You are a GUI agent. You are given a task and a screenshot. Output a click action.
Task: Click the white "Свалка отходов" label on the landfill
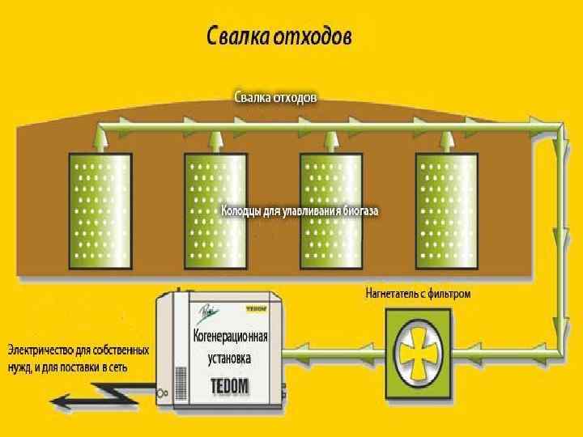[x=275, y=97]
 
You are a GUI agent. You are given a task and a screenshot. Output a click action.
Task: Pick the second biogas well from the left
[x=215, y=210]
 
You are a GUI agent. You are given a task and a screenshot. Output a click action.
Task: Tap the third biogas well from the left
[x=330, y=210]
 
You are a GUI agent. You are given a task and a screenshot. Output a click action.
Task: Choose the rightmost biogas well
[x=445, y=210]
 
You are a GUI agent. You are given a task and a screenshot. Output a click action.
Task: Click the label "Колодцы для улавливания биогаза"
[x=300, y=211]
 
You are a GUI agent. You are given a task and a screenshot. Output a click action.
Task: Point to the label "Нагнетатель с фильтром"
[x=418, y=295]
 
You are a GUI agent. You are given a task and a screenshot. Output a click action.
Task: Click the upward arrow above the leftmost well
[x=99, y=138]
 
